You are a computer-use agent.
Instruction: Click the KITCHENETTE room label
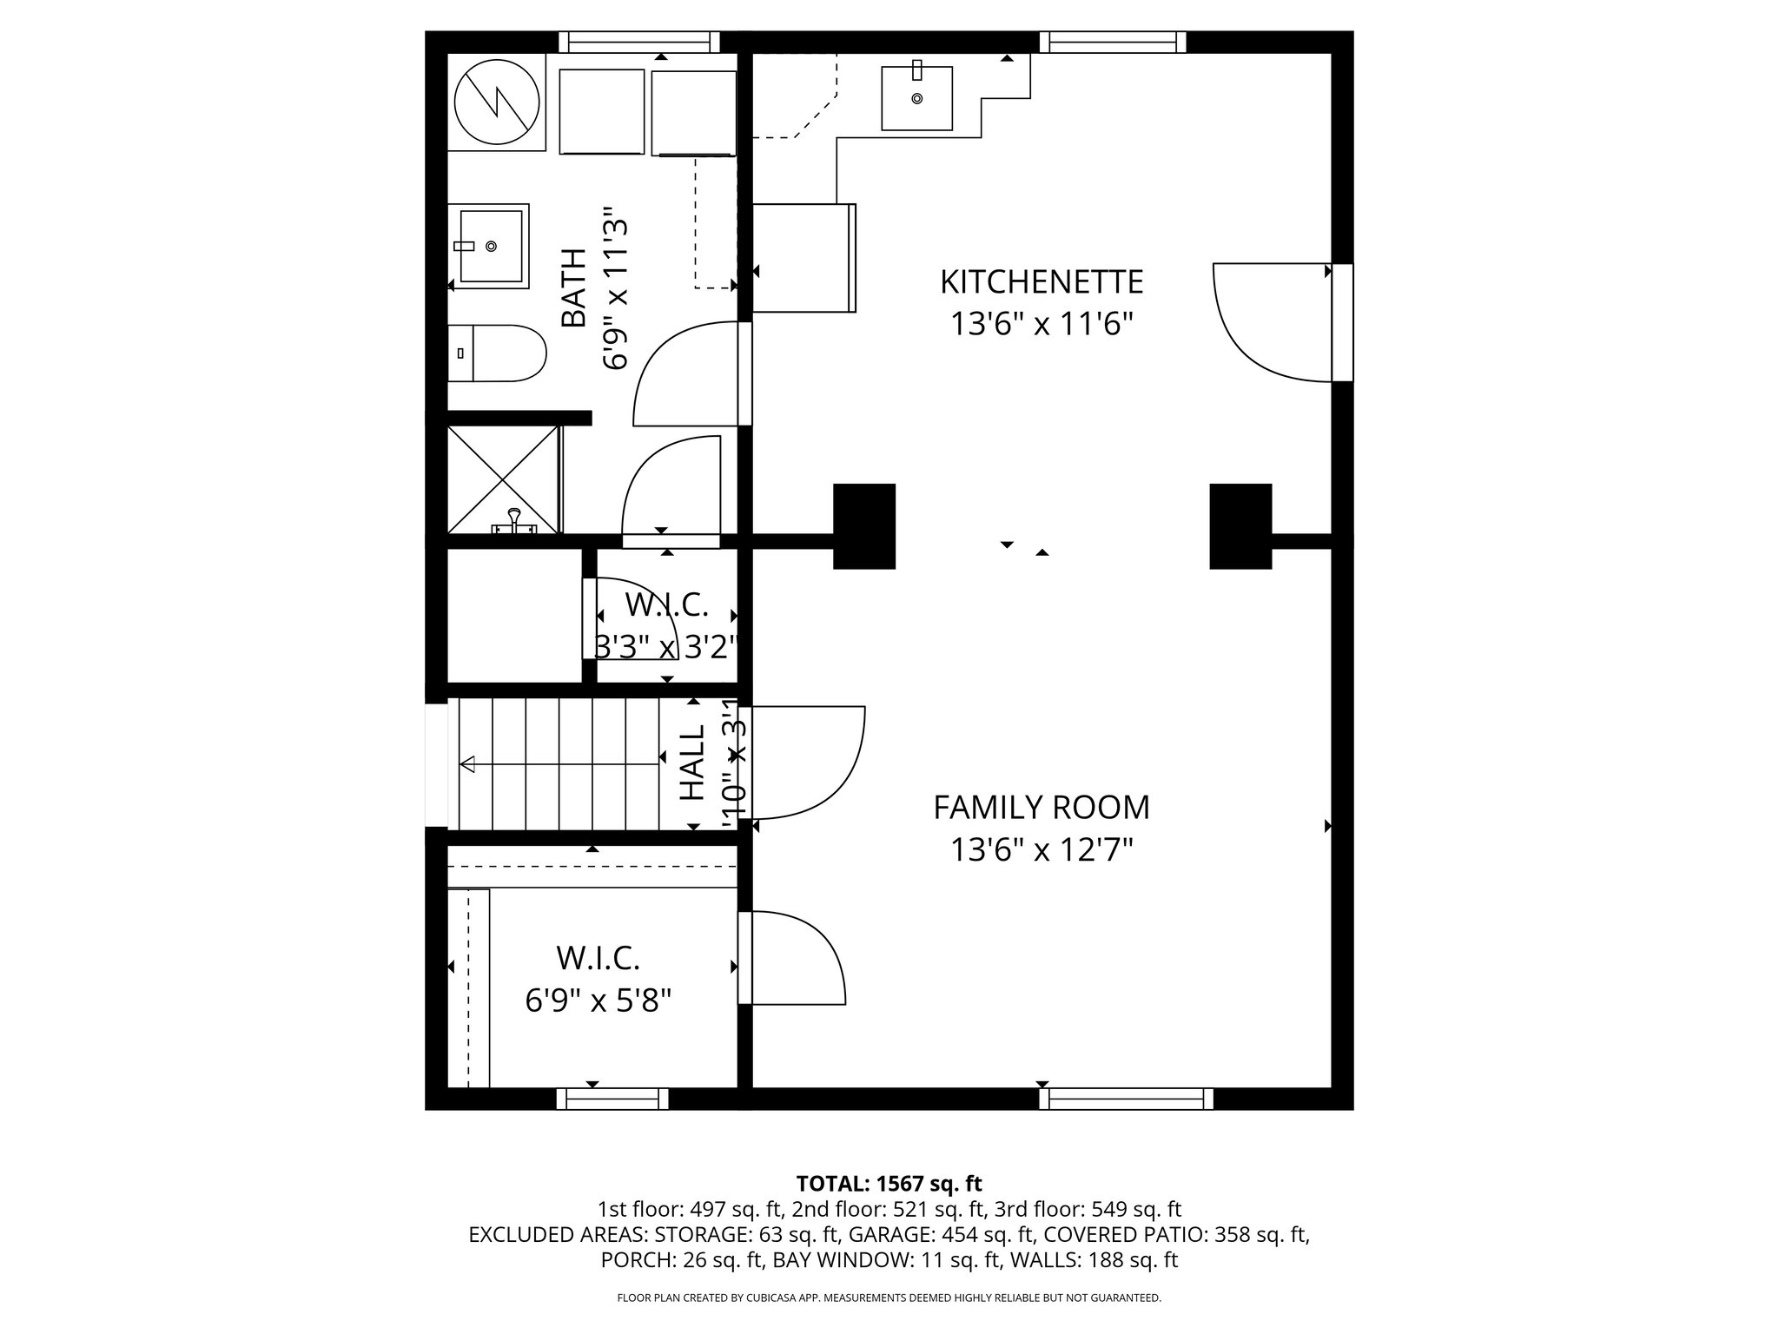click(1041, 282)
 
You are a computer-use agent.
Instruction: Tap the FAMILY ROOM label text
click(1041, 808)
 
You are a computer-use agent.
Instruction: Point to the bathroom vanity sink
click(493, 247)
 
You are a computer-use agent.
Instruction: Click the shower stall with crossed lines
click(503, 479)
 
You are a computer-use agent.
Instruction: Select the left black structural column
click(863, 526)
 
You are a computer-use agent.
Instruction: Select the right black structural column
click(1240, 526)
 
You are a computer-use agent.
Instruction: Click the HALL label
click(692, 763)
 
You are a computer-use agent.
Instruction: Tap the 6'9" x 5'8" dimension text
click(599, 1001)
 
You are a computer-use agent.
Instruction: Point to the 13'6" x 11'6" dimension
click(1041, 325)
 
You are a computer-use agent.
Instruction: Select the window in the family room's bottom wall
click(1126, 1099)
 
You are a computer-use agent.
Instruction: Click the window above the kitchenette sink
click(1112, 42)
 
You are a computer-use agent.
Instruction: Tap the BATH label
click(573, 288)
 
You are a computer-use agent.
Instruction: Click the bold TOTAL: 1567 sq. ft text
click(889, 1183)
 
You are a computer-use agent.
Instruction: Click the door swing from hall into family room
click(808, 763)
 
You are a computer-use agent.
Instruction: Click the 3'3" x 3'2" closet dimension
click(666, 647)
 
